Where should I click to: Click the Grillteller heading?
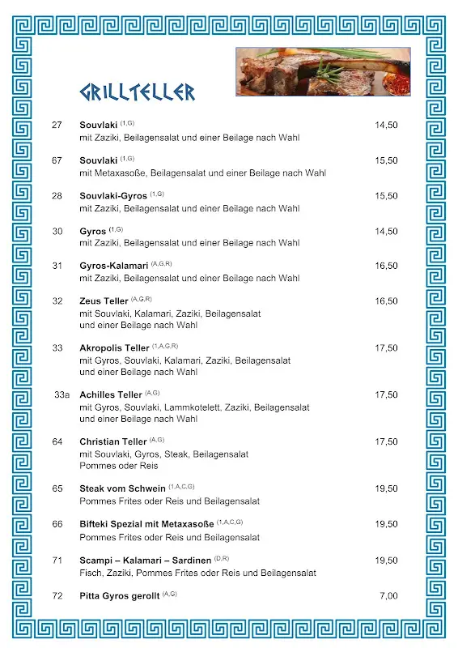coord(137,92)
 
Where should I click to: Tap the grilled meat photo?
coord(323,71)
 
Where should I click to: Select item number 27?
coord(57,126)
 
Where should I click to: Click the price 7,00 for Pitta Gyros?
coord(388,596)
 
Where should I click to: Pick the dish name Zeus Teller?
coord(104,301)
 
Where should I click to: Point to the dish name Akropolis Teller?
coord(114,348)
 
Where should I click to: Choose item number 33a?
coord(62,395)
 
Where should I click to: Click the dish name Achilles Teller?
coord(111,395)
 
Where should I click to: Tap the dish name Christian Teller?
coord(112,442)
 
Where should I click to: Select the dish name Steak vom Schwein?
coord(122,489)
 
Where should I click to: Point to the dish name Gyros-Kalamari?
coord(113,266)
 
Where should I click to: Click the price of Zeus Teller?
coord(386,301)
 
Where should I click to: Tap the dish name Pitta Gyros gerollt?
coord(119,596)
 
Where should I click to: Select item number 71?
coord(57,561)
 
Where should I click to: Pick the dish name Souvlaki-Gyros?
coord(113,196)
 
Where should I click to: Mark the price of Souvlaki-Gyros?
coord(386,196)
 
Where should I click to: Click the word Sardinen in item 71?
coord(193,561)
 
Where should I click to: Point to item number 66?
coord(57,525)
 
